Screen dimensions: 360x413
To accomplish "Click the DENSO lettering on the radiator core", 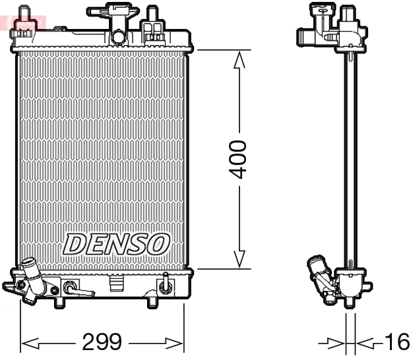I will (x=116, y=244).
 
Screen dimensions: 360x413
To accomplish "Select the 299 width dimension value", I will (x=102, y=342).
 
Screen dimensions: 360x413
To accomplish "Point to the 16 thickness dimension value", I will (x=396, y=342).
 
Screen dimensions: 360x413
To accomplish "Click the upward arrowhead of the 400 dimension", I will (x=239, y=60).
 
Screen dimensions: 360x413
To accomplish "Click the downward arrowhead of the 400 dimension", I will (x=239, y=258).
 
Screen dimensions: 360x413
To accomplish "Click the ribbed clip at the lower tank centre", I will (x=116, y=284).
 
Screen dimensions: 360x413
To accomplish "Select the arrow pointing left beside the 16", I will (x=366, y=343).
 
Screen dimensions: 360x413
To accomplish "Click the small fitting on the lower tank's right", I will (x=164, y=286).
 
